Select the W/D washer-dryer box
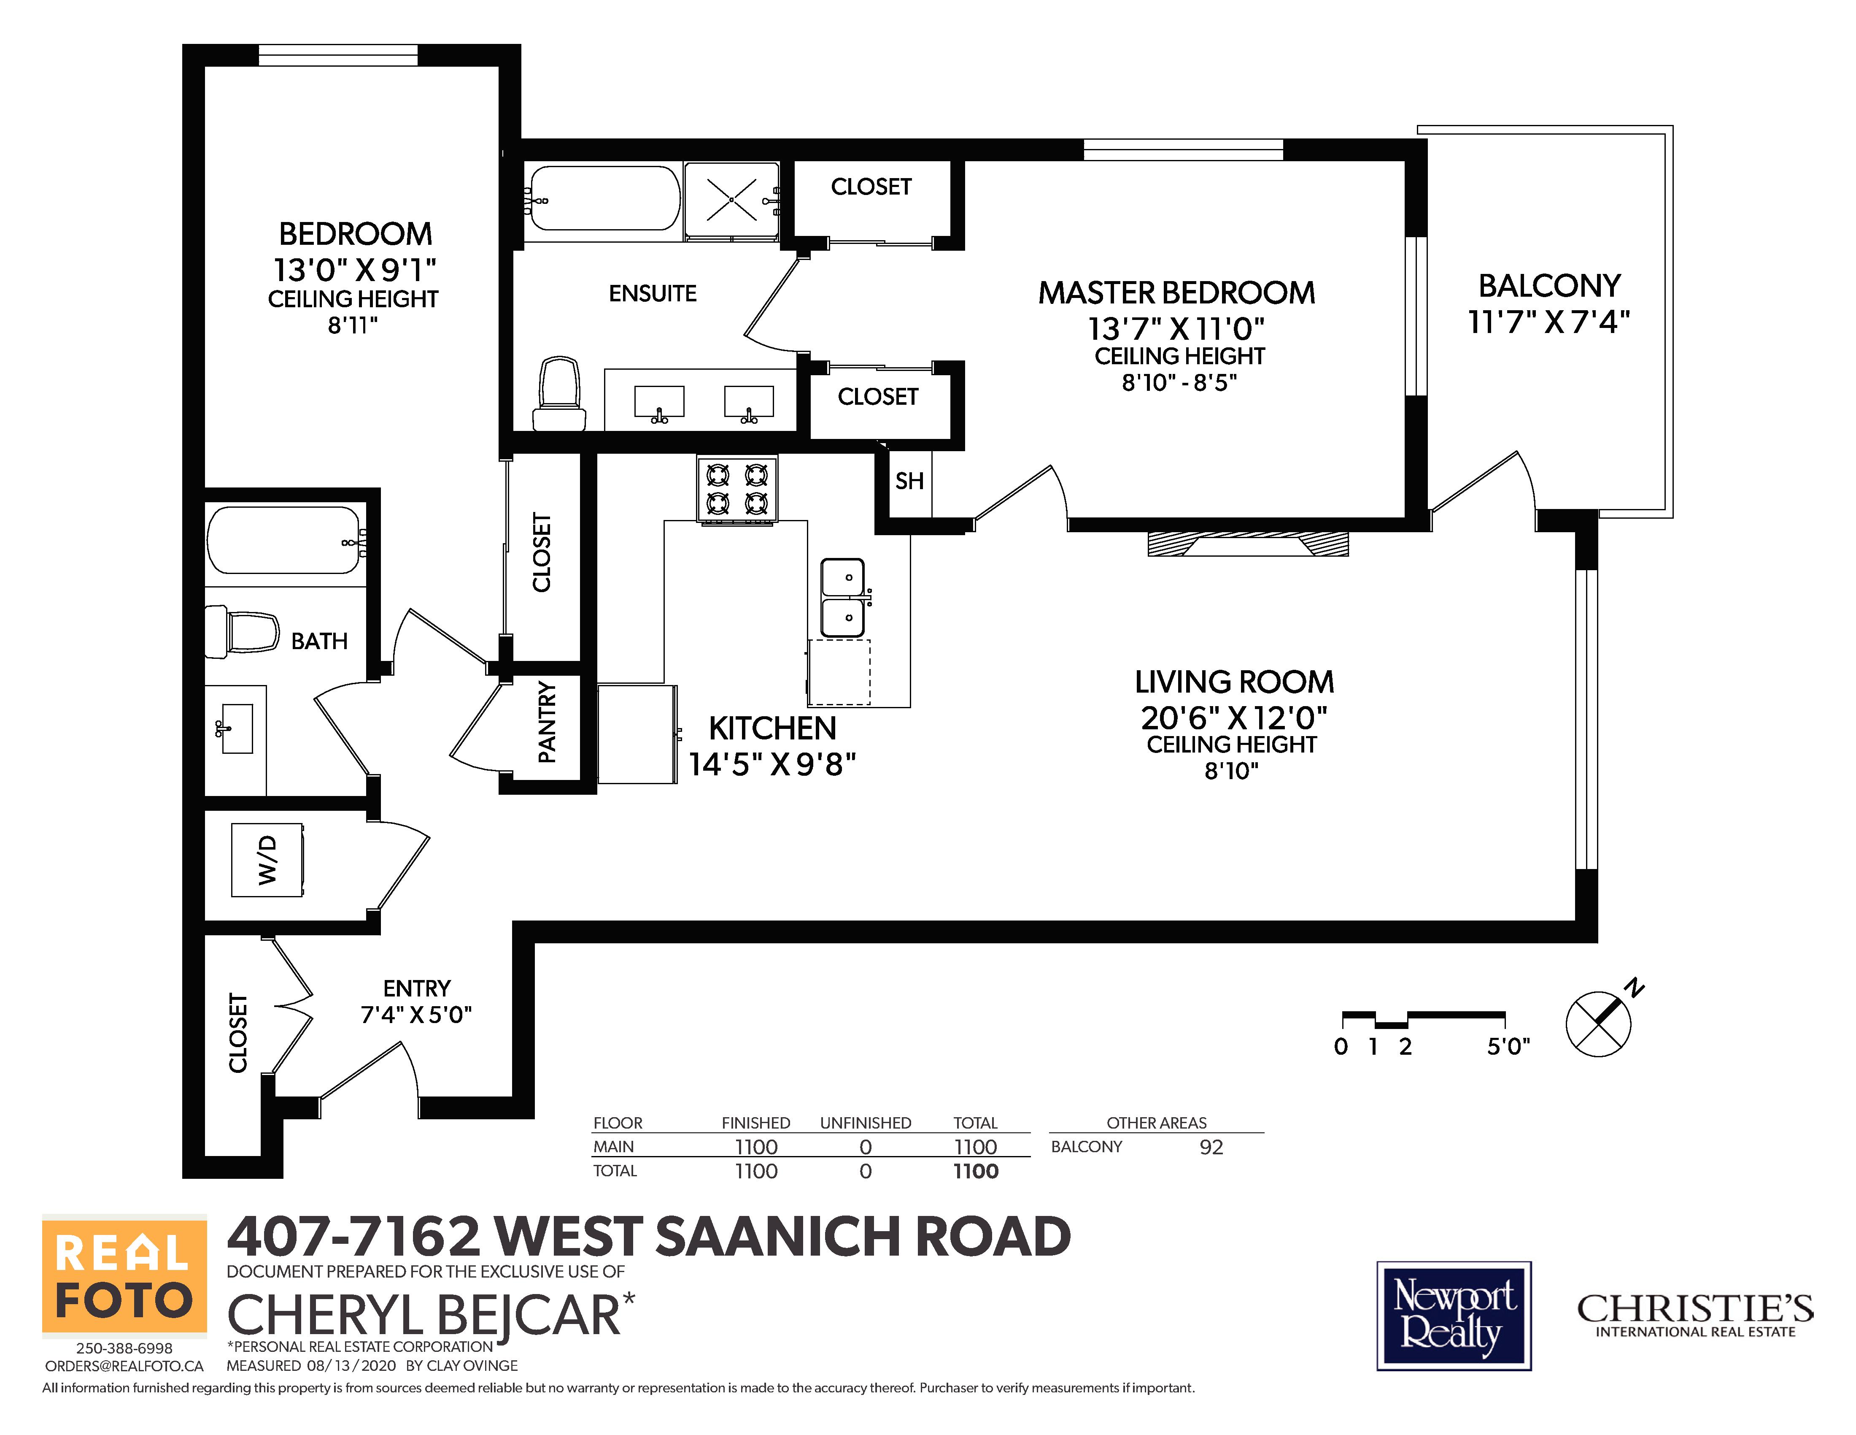pyautogui.click(x=268, y=859)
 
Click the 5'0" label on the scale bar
pyautogui.click(x=1508, y=1047)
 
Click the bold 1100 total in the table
pyautogui.click(x=976, y=1172)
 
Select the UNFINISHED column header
pyautogui.click(x=865, y=1123)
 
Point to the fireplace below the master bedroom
pyautogui.click(x=1248, y=544)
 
